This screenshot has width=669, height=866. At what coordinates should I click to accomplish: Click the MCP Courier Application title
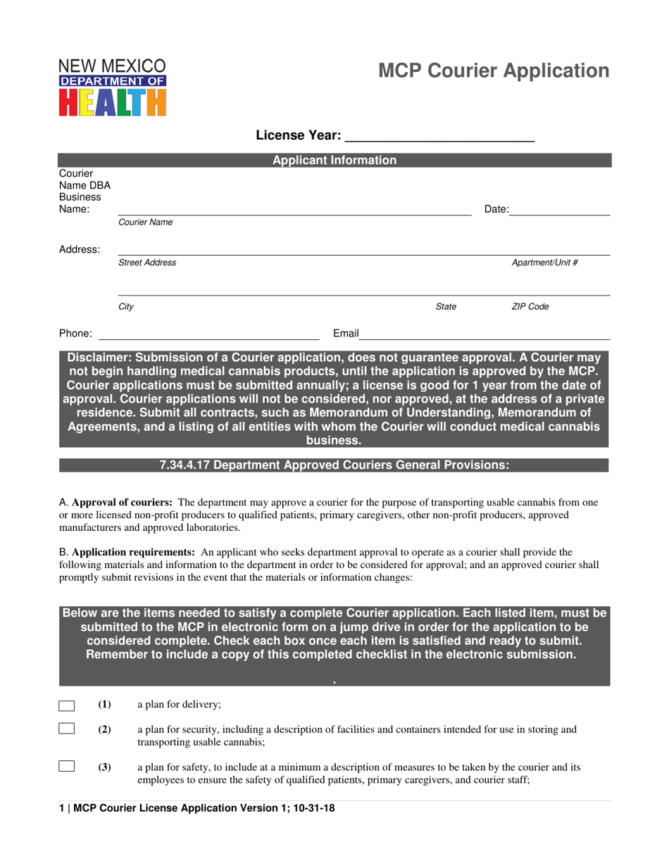(x=494, y=71)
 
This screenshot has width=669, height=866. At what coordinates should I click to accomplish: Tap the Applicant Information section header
(x=334, y=161)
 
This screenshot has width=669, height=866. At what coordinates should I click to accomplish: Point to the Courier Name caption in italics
(x=145, y=222)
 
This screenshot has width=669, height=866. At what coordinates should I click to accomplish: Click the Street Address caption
(x=147, y=263)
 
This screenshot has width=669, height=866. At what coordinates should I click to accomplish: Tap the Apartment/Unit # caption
(x=544, y=263)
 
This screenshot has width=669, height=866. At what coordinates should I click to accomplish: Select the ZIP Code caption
(x=530, y=307)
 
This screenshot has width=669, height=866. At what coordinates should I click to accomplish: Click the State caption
(x=446, y=307)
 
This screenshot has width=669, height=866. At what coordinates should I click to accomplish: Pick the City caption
(x=126, y=307)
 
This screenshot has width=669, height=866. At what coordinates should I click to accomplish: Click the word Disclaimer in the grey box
(x=99, y=357)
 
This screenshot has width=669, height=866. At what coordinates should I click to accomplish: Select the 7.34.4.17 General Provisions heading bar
(x=334, y=465)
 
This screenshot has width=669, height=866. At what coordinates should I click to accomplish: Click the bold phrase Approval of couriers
(x=122, y=503)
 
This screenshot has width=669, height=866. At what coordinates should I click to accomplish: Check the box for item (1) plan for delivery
(x=67, y=705)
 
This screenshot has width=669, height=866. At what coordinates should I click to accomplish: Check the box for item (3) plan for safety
(x=67, y=767)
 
